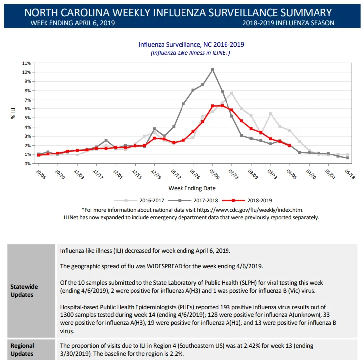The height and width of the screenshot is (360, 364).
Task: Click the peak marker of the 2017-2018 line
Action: point(212,70)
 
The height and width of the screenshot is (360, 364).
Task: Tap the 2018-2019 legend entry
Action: point(247,200)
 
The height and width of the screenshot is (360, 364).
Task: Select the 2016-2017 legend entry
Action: point(139,200)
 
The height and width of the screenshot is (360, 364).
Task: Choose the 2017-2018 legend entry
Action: point(193,200)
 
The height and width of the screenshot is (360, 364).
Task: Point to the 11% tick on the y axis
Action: point(26,63)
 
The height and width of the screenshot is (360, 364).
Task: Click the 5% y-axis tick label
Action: point(27,118)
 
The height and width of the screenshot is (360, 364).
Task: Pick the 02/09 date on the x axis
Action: point(214,174)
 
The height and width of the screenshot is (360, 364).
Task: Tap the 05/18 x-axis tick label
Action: point(350,174)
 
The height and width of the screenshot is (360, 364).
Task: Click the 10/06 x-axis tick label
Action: point(41,174)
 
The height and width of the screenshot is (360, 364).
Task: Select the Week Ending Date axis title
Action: point(192,188)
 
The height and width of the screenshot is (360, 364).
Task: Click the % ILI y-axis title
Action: point(13,113)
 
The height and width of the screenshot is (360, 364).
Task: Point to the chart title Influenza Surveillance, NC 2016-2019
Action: point(191,44)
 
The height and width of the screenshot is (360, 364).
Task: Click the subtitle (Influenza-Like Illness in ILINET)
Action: point(190,53)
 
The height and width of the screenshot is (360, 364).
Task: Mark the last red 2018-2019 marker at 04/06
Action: point(290,146)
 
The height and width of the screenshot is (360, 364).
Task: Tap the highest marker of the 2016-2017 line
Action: point(231,93)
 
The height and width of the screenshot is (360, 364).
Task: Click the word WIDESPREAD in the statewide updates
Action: point(165,266)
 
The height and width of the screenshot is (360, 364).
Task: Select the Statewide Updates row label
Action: point(24,291)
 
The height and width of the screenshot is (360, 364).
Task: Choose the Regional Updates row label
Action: point(22,350)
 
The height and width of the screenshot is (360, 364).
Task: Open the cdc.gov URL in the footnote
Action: point(250,210)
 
